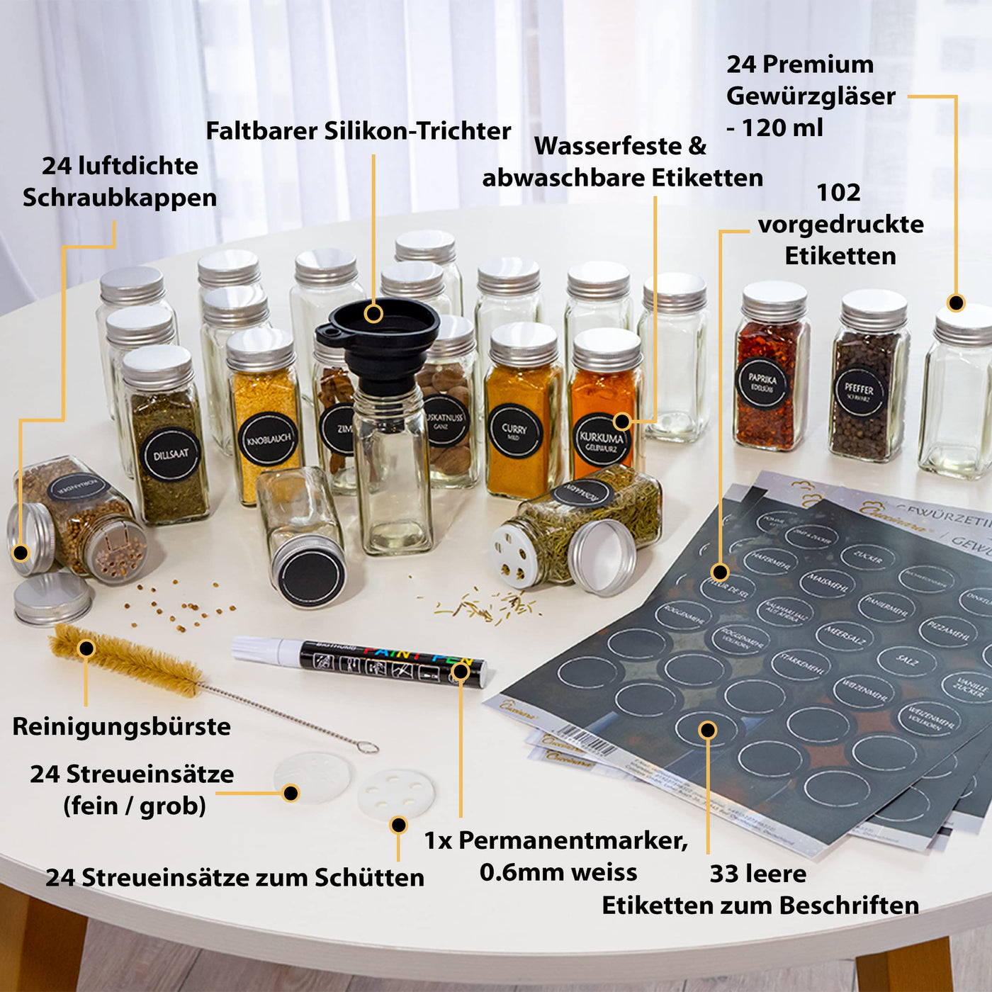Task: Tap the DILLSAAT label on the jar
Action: coord(171,454)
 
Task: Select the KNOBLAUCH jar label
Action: coord(268,439)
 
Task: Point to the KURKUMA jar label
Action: coord(601,441)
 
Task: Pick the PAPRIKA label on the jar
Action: coord(762,383)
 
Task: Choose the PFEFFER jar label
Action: coord(858,392)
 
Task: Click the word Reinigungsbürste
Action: coord(121,727)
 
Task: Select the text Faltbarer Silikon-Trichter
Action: coord(358,131)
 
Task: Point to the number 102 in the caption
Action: coord(838,193)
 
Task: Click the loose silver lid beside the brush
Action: coord(52,599)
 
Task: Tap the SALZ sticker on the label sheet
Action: coord(907,660)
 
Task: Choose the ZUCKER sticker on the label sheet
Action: coord(869,558)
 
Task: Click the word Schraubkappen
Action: coord(120,198)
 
